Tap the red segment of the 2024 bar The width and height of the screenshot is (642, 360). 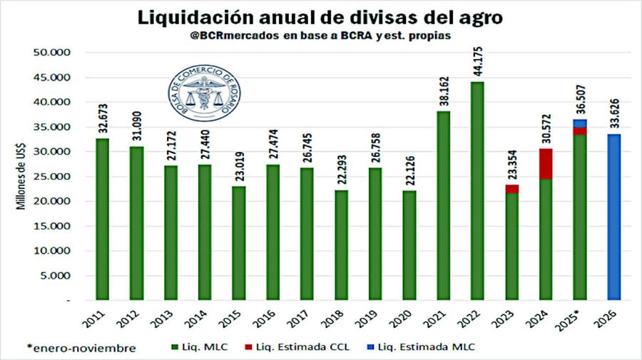[x=546, y=164]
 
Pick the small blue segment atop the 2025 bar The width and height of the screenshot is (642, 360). [x=580, y=123]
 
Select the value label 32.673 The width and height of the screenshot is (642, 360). [x=101, y=120]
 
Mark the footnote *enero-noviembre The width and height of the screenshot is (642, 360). [x=81, y=348]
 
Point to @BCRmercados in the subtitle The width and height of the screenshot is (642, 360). [x=228, y=36]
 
